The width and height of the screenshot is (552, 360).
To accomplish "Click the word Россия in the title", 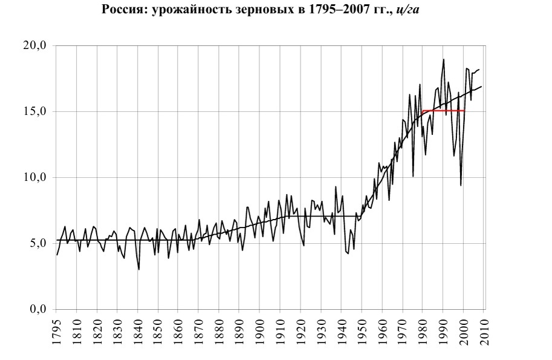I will click(121, 10).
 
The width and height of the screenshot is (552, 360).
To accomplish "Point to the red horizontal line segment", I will click(444, 111).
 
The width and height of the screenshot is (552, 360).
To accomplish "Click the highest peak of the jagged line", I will click(444, 59).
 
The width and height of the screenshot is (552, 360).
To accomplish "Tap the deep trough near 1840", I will click(139, 269).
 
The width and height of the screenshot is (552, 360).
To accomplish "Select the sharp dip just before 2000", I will click(461, 185).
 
